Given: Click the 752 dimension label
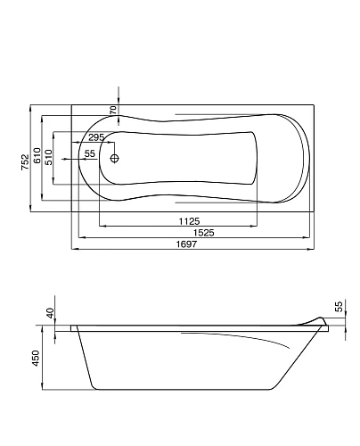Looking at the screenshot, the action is coord(25,161).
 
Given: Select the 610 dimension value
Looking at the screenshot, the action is coord(37,155).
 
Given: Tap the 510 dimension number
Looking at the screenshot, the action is coord(48,157).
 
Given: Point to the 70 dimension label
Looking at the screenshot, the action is coord(113,110).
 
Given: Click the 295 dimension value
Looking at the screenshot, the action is coord(96,137).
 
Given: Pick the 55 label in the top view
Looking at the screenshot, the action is coord(90,153).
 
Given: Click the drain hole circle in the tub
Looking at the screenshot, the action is coord(114,158).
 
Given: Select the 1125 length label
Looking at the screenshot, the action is coord(189,221).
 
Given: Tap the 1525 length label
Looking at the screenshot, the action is coord(203,233).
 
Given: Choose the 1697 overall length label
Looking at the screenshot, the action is coord(186,244).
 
